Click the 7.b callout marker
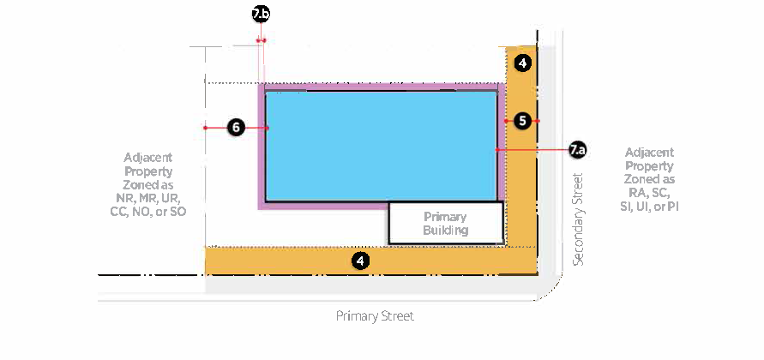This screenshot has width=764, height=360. point(261,14)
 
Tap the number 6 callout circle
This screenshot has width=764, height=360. point(238,128)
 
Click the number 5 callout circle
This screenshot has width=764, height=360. point(522,121)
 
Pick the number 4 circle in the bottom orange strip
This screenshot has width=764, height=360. point(362,261)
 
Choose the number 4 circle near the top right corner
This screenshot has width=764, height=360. point(523,63)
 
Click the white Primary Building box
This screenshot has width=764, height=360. point(446,223)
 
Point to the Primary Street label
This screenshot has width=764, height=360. point(375,316)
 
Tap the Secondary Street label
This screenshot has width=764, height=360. point(578,219)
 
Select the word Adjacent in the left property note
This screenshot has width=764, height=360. point(147,158)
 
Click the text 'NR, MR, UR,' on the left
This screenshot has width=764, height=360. point(147,198)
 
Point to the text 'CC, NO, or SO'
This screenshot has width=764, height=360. point(147,211)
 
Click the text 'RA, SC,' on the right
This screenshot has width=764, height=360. point(649,193)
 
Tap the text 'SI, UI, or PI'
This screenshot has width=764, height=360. point(649,207)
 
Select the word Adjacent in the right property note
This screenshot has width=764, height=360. point(649,152)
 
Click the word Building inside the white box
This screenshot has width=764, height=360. point(446,231)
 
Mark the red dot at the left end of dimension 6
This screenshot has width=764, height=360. point(206,128)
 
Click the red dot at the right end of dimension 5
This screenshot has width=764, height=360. point(538,121)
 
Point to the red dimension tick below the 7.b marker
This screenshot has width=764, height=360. point(262,40)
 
